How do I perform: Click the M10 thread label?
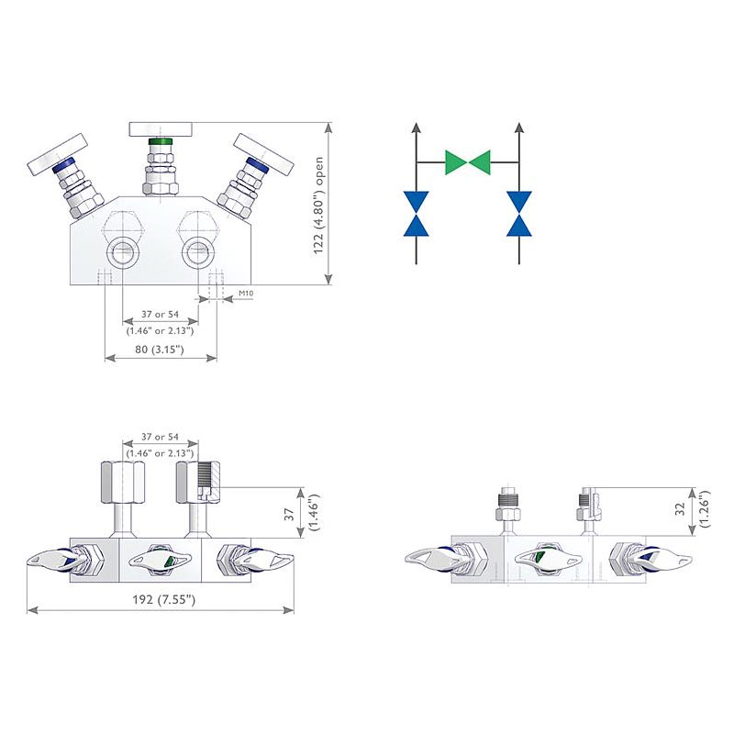click(x=246, y=294)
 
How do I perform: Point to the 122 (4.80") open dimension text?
click(x=319, y=206)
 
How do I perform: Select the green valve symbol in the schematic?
click(x=468, y=162)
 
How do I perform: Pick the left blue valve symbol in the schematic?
click(x=417, y=213)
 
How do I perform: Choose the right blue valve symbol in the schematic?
click(x=519, y=213)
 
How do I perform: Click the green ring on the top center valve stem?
click(x=161, y=143)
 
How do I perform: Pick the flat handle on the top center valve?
click(x=161, y=128)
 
